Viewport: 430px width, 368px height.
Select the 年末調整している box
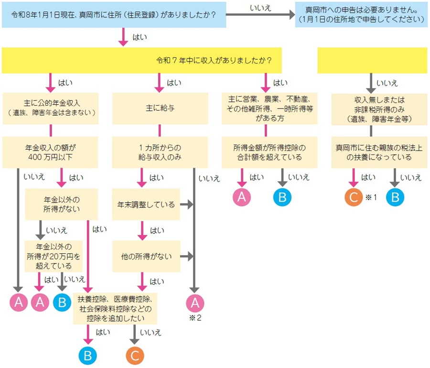tap(146, 205)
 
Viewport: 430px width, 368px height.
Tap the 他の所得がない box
tap(146, 257)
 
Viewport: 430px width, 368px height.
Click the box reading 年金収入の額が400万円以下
tap(51, 152)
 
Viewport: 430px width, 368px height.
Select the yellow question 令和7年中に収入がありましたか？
tap(215, 61)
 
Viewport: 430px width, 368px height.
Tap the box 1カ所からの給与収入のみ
tap(160, 152)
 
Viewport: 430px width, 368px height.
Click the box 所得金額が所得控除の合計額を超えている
tap(269, 152)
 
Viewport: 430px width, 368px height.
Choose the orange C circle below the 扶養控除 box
tap(135, 355)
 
